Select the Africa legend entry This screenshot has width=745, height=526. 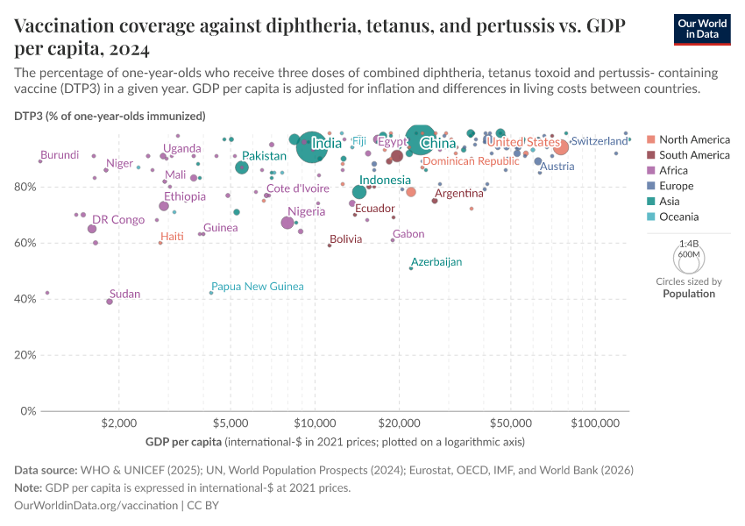point(674,171)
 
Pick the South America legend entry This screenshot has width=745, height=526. point(694,155)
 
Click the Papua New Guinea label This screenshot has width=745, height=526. point(257,287)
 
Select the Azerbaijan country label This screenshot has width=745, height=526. point(436,262)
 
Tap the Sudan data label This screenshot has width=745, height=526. point(124,294)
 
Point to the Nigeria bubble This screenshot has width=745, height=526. point(287,223)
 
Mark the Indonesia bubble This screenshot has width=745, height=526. point(359,192)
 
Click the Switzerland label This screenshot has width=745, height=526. point(600,141)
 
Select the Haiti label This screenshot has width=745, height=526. point(172,237)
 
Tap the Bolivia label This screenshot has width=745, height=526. point(345,239)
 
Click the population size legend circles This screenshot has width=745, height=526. point(688,257)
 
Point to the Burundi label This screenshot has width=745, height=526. point(60,155)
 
